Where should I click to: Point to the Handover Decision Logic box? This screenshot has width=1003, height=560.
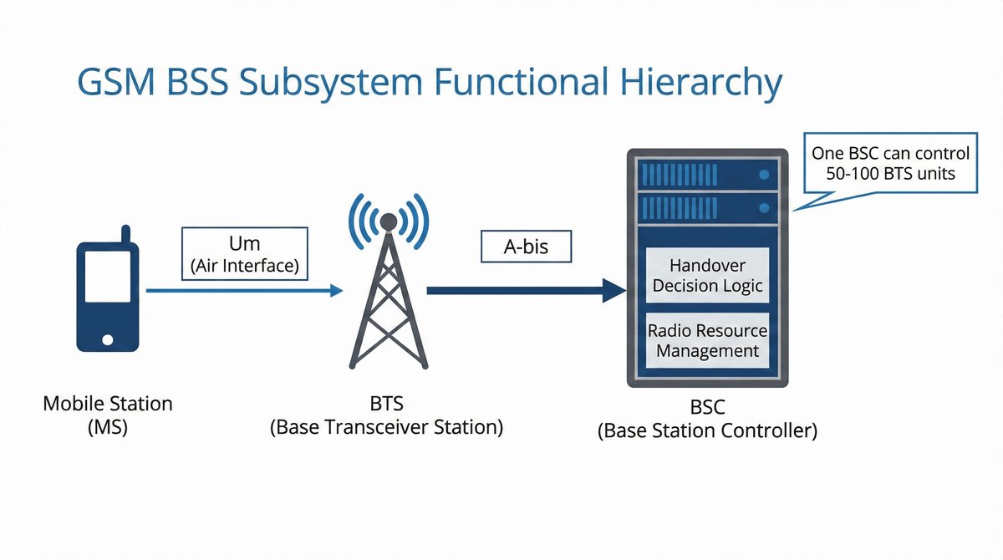coord(707,275)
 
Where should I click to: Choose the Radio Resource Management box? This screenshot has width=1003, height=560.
coord(707,340)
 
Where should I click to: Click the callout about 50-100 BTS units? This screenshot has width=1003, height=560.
coord(890,164)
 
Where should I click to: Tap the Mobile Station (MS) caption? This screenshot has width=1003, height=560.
coord(108,415)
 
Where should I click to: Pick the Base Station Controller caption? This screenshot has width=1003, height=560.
coord(707,420)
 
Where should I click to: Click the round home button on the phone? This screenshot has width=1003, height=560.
coord(107,339)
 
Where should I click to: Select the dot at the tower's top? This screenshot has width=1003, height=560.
coord(388,221)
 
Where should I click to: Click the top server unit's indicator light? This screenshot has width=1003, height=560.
coord(763,175)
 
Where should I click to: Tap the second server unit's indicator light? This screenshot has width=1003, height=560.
coord(763,206)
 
